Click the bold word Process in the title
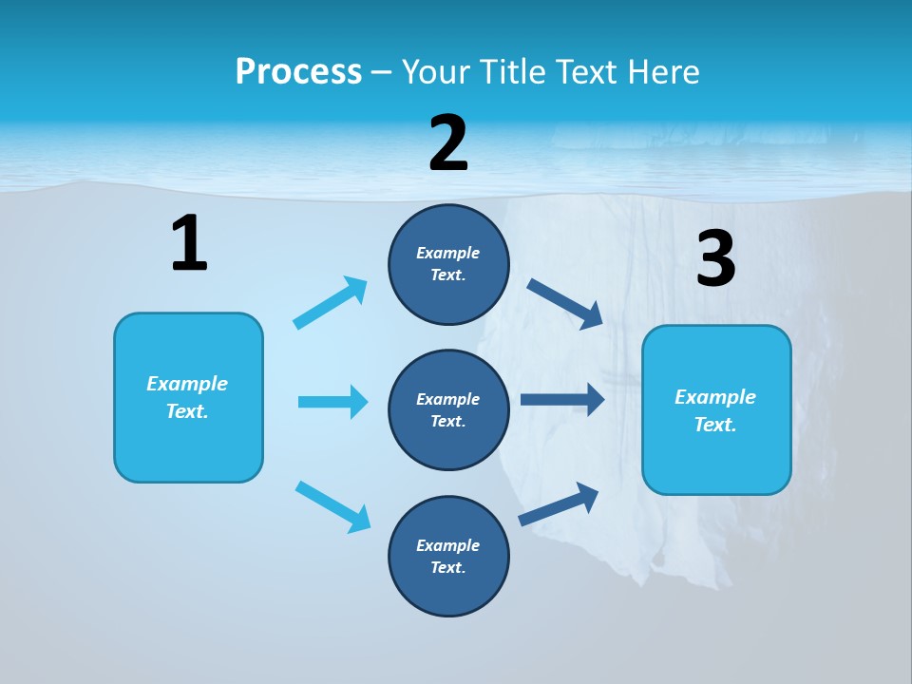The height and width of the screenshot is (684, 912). (x=298, y=72)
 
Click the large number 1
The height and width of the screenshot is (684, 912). (x=189, y=244)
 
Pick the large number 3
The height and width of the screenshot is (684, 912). (x=715, y=259)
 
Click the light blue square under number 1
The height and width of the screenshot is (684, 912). (x=188, y=397)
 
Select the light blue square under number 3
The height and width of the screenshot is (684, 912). (x=716, y=409)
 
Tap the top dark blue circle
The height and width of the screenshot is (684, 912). (x=448, y=264)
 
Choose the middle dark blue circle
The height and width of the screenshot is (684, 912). (x=448, y=409)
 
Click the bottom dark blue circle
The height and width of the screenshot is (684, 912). (x=448, y=556)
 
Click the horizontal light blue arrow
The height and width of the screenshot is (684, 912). (x=332, y=402)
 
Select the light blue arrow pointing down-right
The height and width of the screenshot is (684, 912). (x=332, y=506)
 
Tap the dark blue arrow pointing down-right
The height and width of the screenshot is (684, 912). (x=565, y=303)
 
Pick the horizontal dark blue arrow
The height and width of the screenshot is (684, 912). (x=562, y=399)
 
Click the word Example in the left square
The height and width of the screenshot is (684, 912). (x=187, y=384)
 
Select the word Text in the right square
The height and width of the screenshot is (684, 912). (x=714, y=425)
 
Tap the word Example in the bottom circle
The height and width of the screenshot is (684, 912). (x=448, y=545)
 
